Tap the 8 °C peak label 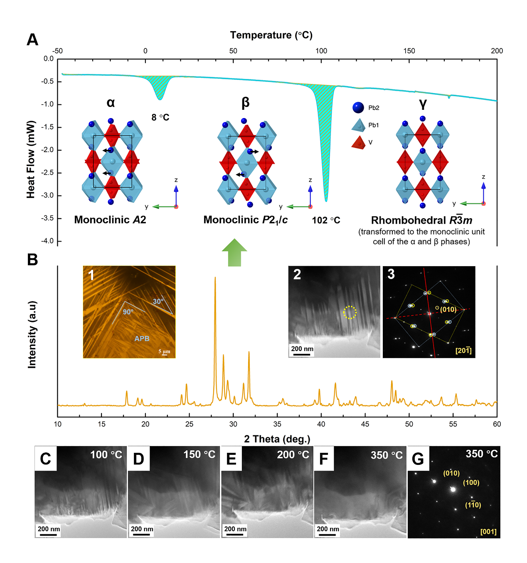click(160, 118)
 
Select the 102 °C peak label click(326, 220)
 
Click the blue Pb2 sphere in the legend click(358, 108)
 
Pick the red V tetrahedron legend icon click(358, 142)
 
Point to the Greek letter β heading click(246, 102)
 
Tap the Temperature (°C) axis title click(271, 35)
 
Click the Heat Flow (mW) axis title click(31, 159)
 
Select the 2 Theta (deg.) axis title click(277, 439)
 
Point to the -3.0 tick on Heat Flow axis click(48, 195)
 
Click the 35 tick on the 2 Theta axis click(277, 424)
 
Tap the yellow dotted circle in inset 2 click(350, 312)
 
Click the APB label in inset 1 click(142, 338)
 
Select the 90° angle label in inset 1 click(128, 312)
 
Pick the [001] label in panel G click(488, 531)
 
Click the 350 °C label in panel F click(387, 455)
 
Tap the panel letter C click(45, 459)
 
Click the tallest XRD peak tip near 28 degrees click(215, 277)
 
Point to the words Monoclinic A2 click(110, 220)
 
